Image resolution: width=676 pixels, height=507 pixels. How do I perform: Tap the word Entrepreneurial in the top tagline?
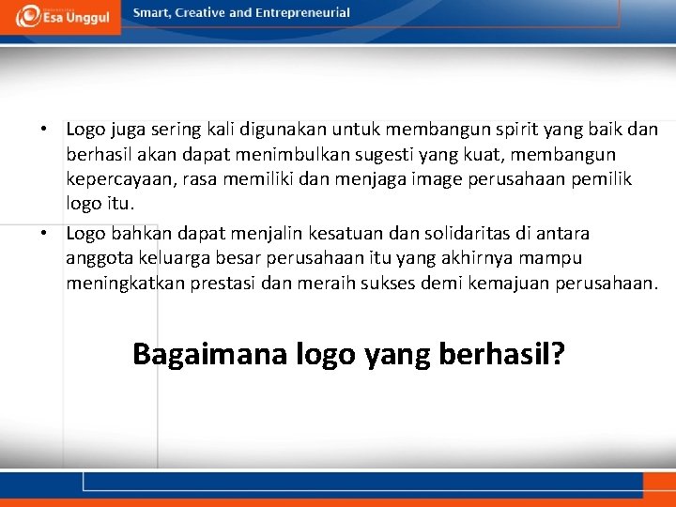point(305,13)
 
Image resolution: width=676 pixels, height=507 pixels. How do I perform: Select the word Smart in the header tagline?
point(152,13)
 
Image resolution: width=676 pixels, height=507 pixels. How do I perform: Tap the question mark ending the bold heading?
point(557,354)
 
